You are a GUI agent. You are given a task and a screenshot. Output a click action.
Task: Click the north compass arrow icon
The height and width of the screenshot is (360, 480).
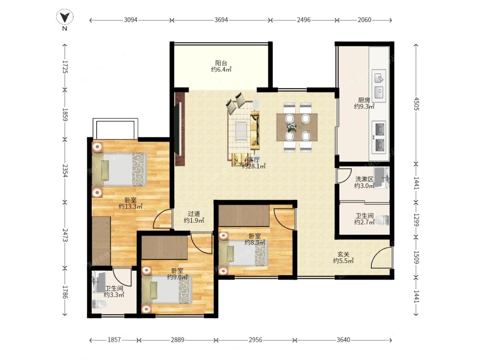(x=65, y=17)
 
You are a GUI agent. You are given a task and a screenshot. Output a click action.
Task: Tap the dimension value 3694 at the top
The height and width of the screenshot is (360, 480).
(x=221, y=20)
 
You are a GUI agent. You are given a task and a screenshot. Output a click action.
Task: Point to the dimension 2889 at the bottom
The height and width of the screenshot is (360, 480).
(x=178, y=340)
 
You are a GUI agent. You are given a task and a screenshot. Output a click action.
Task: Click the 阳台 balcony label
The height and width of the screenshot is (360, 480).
(x=221, y=63)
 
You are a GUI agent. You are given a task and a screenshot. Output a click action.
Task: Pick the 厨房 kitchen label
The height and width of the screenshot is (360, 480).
(x=364, y=100)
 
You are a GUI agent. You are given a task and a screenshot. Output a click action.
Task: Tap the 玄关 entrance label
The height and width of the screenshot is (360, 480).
(x=343, y=254)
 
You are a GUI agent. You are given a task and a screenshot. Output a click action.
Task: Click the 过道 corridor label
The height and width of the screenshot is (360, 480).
(x=194, y=214)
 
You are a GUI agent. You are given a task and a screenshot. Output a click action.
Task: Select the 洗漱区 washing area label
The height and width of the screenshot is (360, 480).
(x=364, y=179)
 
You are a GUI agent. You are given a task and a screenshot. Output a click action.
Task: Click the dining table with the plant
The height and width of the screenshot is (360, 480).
(x=297, y=127)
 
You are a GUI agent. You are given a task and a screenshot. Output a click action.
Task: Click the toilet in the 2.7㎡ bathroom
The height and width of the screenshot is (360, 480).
(x=383, y=220)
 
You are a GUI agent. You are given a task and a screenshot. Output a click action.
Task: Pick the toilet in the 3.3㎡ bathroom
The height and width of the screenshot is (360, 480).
(x=99, y=304)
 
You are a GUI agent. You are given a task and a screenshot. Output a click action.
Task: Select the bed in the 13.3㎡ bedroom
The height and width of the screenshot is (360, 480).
(x=120, y=169)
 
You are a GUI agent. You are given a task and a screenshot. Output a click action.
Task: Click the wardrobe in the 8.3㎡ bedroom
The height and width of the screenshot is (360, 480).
(x=244, y=216)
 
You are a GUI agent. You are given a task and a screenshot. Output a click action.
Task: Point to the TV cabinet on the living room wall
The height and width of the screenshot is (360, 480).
(x=180, y=129)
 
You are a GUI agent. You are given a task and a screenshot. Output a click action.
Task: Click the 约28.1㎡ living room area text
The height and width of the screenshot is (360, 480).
(x=253, y=166)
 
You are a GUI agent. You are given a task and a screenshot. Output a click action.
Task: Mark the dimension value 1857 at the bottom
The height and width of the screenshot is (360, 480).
(x=114, y=340)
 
